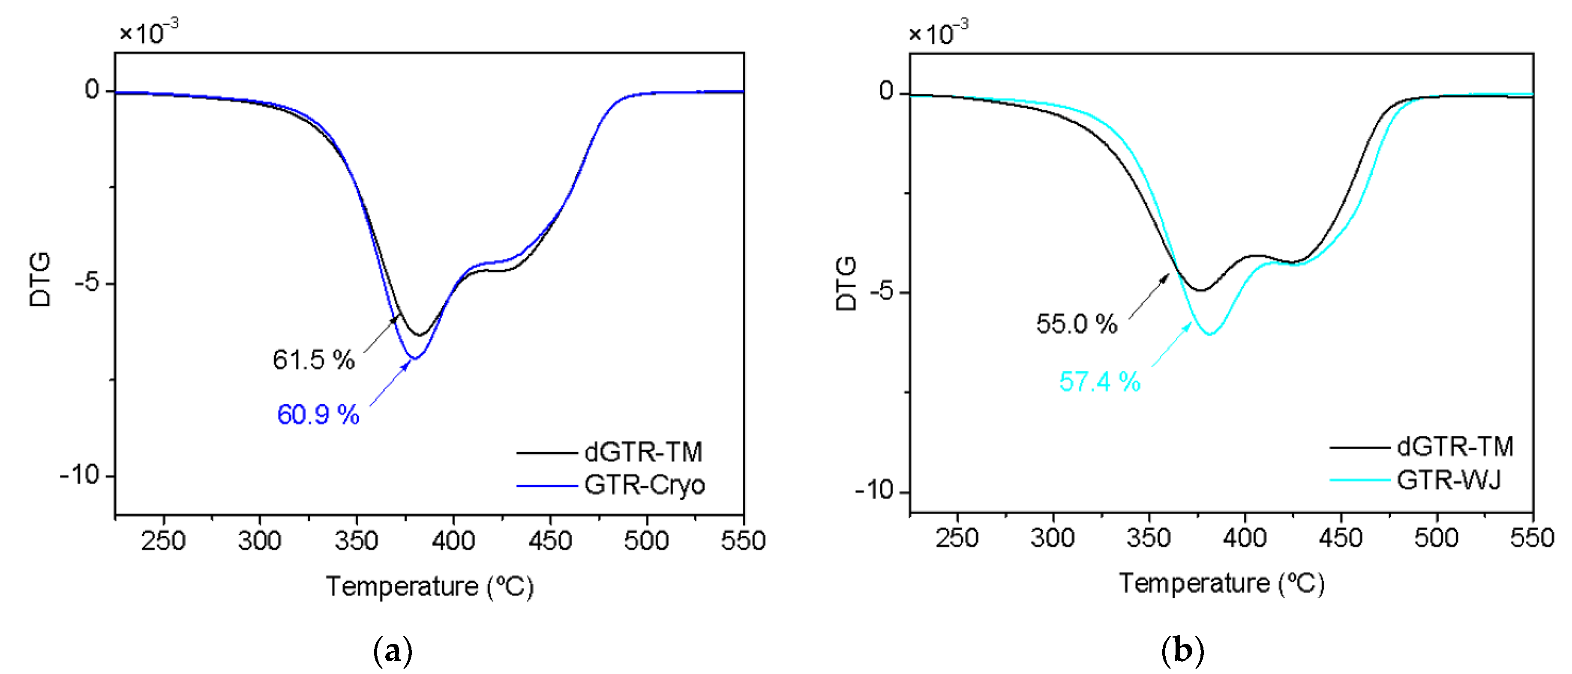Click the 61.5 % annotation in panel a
313,360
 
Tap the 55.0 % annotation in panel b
1077,324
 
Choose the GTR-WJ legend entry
1449,480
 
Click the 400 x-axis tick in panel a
453,540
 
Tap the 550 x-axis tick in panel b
1532,538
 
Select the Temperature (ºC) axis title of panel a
429,586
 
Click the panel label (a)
393,651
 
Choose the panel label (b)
1182,651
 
